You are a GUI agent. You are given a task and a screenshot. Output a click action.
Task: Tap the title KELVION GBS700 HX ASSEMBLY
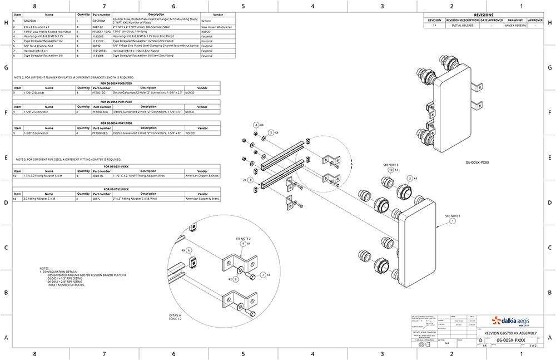[510, 332]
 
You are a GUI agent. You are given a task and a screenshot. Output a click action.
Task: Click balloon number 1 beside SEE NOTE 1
[452, 221]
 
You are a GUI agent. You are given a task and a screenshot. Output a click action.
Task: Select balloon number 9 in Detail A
[243, 244]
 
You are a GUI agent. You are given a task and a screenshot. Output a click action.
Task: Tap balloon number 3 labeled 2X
[251, 180]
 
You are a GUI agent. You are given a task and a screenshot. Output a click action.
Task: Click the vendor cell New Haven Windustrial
[217, 27]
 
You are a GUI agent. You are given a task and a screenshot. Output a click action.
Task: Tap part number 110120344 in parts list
[101, 51]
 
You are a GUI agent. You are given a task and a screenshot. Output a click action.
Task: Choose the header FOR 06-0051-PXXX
[116, 166]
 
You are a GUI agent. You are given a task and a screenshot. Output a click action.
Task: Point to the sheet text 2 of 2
[532, 346]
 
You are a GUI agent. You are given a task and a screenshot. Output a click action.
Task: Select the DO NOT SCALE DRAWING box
[423, 332]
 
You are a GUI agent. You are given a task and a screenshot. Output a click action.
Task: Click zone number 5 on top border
[243, 6]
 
